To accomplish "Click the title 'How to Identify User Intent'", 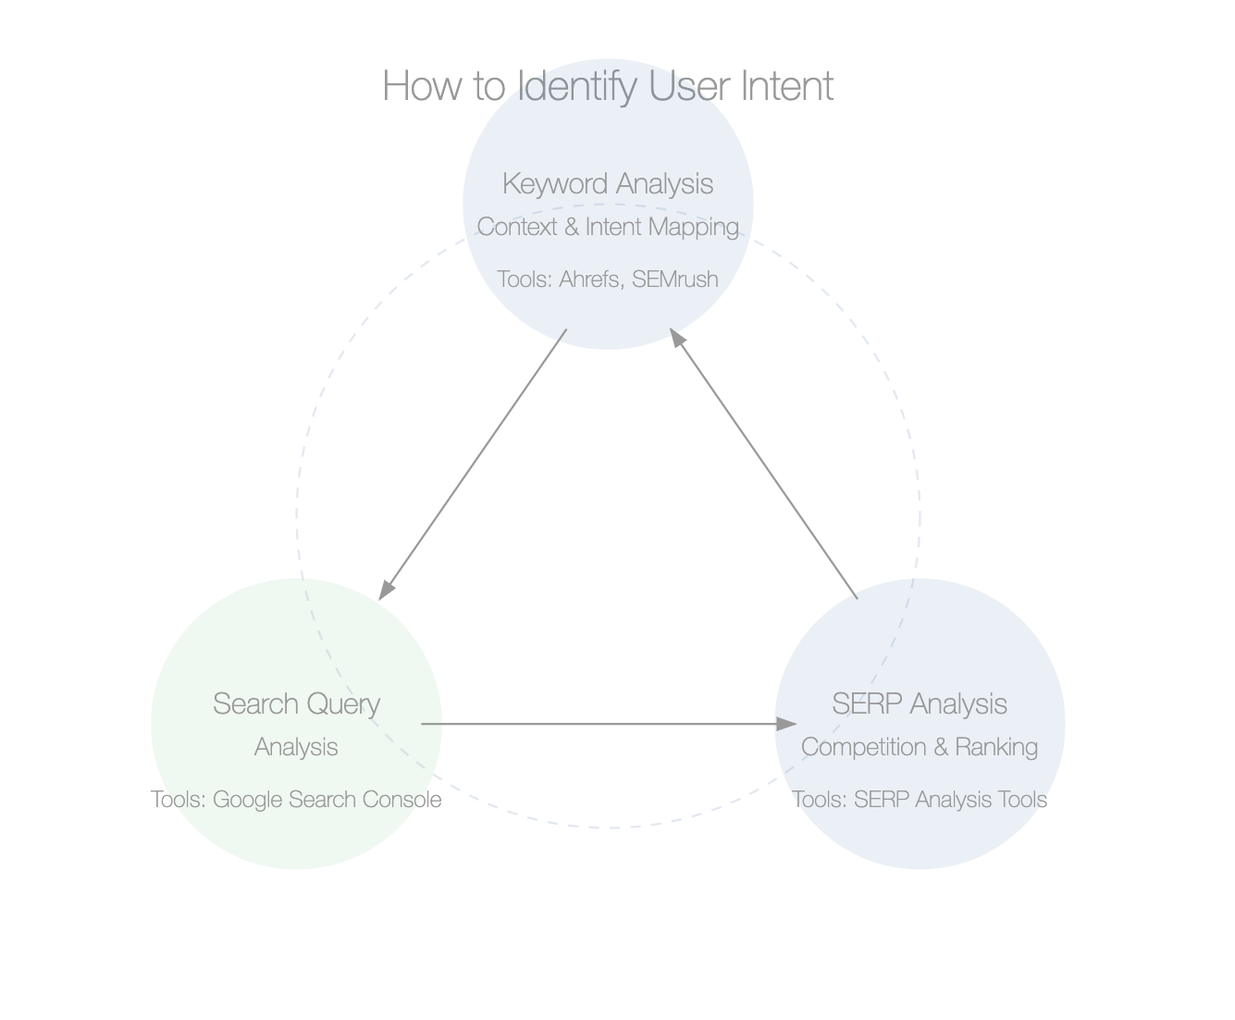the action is tap(608, 86).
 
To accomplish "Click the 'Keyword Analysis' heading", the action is tap(608, 183).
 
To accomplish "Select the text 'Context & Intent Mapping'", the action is tap(608, 228).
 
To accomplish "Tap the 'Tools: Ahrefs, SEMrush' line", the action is tap(608, 279).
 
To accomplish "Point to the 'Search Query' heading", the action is tap(296, 704).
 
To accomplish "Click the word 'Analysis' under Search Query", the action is tap(296, 747).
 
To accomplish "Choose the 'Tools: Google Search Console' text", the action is tap(296, 799).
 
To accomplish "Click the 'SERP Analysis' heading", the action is tap(920, 703).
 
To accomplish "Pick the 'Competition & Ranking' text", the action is tap(920, 747).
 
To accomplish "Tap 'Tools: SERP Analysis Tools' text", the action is tap(920, 799).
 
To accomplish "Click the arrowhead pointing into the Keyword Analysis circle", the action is tap(676, 338).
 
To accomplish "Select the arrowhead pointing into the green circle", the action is tap(387, 591).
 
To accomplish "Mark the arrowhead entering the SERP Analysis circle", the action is tap(786, 724).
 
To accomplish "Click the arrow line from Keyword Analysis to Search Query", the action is tap(473, 464).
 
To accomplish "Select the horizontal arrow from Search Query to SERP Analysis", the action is tap(609, 724).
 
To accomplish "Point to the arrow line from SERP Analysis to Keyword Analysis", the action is tap(763, 464).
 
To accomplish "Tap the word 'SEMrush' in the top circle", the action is tap(675, 279).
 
